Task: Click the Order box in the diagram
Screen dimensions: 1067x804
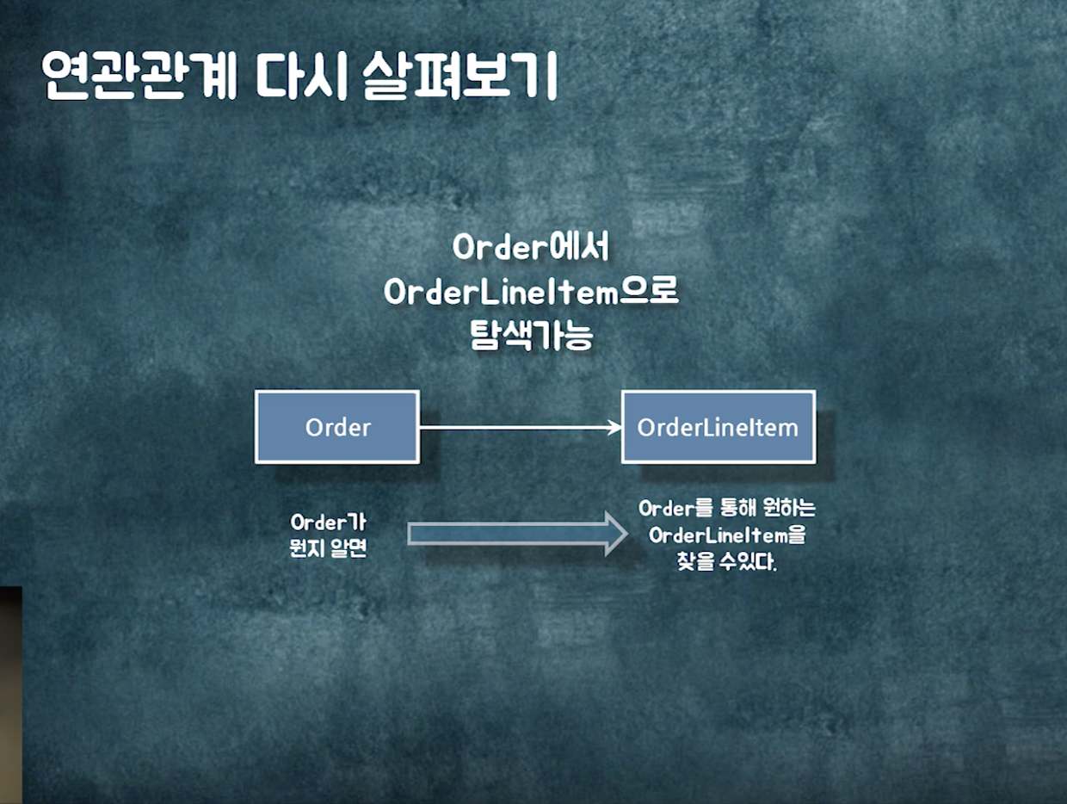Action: tap(337, 427)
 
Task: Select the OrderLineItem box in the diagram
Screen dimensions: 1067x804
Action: tap(718, 427)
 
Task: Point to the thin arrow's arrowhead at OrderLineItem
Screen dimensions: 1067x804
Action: tap(614, 427)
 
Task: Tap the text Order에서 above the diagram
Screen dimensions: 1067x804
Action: tap(531, 248)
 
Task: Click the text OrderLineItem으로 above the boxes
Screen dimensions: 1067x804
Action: tap(531, 293)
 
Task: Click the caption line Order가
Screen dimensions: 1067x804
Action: tap(329, 523)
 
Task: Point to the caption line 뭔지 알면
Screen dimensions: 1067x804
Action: tap(329, 548)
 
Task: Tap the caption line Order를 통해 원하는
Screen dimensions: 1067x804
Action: tap(727, 509)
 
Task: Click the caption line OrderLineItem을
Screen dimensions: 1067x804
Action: tap(727, 535)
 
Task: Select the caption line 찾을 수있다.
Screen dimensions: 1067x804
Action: tap(727, 564)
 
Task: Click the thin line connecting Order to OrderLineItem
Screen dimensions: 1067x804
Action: tap(516, 427)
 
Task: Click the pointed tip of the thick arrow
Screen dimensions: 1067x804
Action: tap(626, 535)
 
